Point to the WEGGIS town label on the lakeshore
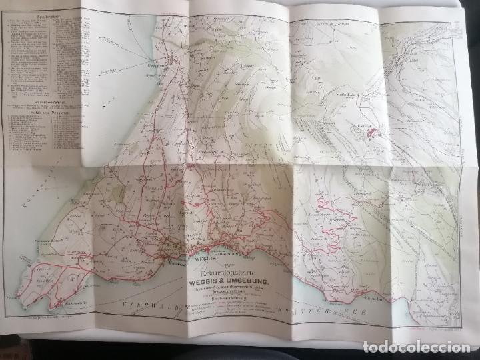[203, 256]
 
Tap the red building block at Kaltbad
[374, 133]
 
